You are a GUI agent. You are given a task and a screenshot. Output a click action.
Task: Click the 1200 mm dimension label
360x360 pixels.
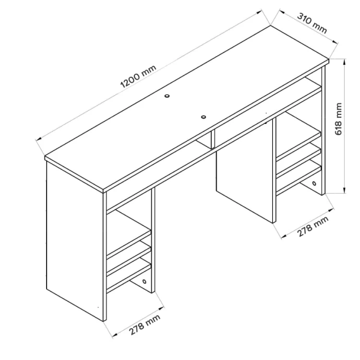(x=138, y=76)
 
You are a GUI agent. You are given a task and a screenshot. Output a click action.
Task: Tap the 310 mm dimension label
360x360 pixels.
(x=312, y=24)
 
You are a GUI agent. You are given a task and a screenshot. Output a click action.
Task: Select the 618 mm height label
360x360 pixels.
(x=339, y=119)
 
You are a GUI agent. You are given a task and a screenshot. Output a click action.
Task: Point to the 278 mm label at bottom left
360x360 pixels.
(x=144, y=325)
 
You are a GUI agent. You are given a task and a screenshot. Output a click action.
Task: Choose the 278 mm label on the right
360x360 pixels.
(x=312, y=227)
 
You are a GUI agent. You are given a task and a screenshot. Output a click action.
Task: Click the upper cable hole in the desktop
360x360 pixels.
(x=167, y=96)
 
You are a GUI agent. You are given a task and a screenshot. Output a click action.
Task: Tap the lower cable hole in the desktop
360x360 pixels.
(x=204, y=117)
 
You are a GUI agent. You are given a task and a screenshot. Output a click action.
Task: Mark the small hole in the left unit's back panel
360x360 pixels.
(x=144, y=281)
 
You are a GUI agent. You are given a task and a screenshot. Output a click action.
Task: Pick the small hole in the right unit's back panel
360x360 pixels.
(x=314, y=183)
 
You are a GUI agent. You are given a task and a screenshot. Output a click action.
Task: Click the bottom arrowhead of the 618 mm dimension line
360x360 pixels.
(x=344, y=191)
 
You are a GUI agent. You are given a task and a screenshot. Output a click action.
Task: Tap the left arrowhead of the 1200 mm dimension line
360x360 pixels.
(x=38, y=138)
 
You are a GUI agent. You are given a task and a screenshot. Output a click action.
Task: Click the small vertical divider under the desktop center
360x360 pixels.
(x=213, y=140)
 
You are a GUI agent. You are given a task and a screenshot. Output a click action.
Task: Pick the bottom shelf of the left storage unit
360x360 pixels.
(x=129, y=278)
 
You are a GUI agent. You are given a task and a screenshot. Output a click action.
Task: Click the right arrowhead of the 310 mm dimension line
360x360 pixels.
(x=336, y=42)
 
